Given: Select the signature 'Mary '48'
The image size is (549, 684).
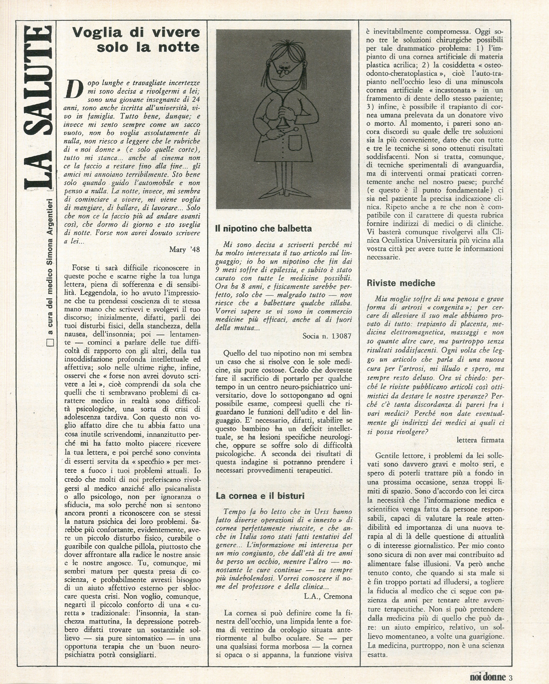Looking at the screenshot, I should click(x=185, y=249).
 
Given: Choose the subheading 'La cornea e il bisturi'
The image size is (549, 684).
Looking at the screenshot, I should click(x=260, y=496).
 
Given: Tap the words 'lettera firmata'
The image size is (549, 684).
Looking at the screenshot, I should click(x=480, y=440).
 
